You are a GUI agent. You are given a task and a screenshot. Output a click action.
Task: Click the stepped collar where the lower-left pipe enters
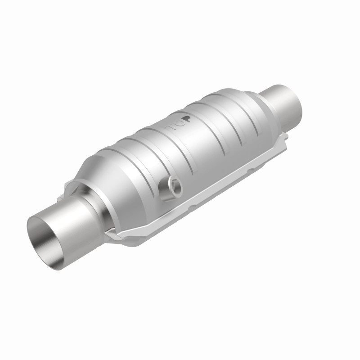tap(97, 202)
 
